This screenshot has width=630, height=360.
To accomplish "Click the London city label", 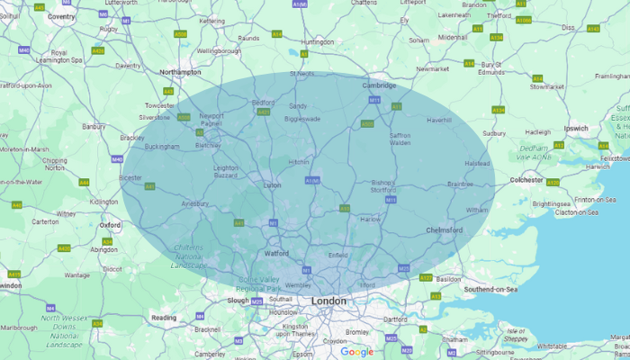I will [328, 301].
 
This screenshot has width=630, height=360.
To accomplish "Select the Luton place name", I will [271, 185].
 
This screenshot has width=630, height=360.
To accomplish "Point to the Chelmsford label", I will [444, 230].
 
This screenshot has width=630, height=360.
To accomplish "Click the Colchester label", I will [526, 180].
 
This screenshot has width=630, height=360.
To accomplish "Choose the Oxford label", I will [110, 225].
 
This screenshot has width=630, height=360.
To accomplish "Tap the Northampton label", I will [179, 72].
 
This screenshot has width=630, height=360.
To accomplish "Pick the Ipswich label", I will [576, 129].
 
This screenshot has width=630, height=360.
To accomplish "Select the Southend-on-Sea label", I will [490, 289].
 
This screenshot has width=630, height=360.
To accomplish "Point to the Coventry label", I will [61, 16].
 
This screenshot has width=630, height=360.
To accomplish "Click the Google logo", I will [356, 351].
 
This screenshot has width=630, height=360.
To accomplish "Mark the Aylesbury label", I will [195, 204].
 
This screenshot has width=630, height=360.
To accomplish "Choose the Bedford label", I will [262, 103].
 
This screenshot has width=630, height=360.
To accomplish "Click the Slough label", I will [238, 301].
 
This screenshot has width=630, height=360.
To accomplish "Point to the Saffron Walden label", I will [400, 139].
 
